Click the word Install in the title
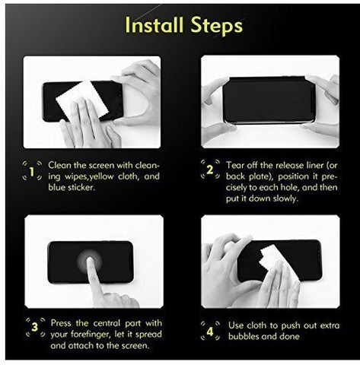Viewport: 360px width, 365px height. tap(155, 25)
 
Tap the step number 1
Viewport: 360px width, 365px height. tap(32, 172)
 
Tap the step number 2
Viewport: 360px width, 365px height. tap(209, 170)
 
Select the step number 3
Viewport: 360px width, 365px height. tap(35, 327)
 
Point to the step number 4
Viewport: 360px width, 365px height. tap(210, 332)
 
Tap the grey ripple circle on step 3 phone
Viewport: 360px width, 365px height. tap(90, 261)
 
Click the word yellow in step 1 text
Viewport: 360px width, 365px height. tap(101, 176)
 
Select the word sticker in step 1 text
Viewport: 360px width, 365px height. tap(81, 188)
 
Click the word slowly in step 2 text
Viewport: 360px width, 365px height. tap(285, 198)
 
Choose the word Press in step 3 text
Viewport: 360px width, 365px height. tap(61, 323)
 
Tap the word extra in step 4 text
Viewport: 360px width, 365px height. tap(330, 325)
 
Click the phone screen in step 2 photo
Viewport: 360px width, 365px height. tap(269, 100)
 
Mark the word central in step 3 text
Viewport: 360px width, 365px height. tap(107, 323)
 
